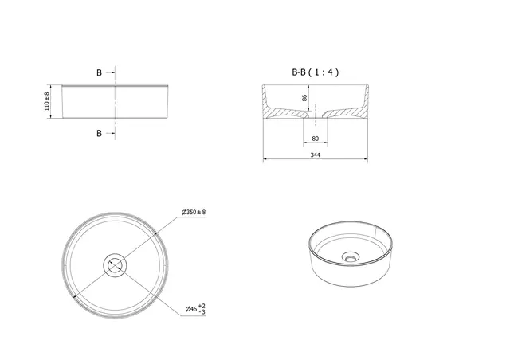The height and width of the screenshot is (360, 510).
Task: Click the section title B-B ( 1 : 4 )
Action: click(x=315, y=72)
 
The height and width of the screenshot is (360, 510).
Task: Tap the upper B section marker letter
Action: click(x=100, y=72)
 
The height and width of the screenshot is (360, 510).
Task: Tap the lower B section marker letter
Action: click(x=100, y=133)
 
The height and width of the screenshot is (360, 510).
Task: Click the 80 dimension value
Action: click(x=316, y=139)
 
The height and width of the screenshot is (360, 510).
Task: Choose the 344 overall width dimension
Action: click(x=316, y=155)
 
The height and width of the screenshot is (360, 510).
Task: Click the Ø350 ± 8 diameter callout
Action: click(x=194, y=212)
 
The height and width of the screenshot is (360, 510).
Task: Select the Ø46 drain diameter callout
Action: click(x=190, y=308)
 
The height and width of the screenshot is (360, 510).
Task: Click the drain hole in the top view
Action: click(x=114, y=264)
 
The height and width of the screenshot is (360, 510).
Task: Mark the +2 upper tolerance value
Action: click(x=203, y=304)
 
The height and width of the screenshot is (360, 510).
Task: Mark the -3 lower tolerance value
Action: click(x=203, y=312)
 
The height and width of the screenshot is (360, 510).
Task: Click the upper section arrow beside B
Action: click(x=112, y=72)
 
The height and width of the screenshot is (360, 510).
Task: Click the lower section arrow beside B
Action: click(x=112, y=133)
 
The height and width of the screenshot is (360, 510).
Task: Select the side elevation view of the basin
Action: click(x=116, y=102)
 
